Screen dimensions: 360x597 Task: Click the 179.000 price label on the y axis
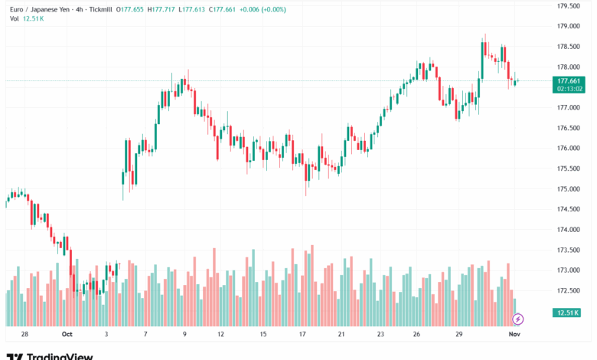click(567, 26)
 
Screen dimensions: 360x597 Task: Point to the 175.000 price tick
click(567, 188)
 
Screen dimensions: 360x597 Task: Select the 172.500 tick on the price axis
click(567, 290)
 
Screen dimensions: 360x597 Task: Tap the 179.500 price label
click(567, 5)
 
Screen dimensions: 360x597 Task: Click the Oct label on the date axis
click(67, 335)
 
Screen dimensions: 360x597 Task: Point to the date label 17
click(303, 335)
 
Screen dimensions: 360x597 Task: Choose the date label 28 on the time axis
click(25, 335)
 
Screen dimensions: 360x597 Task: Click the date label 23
click(380, 335)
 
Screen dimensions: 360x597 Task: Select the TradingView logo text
click(60, 356)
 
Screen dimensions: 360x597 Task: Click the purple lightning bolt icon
click(518, 319)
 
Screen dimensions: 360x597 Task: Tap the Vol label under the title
click(15, 18)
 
